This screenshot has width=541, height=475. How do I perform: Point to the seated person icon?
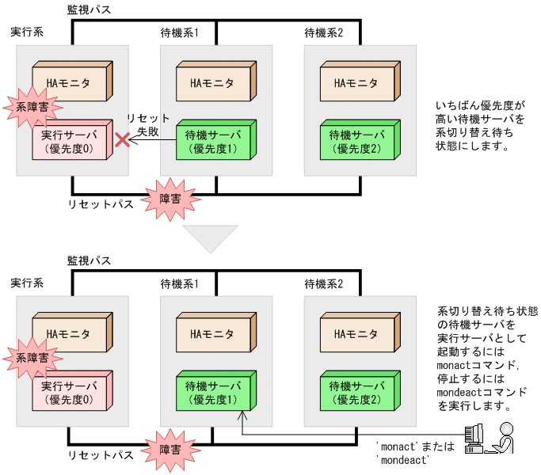[504, 439]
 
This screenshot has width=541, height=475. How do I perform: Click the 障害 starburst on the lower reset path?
[170, 449]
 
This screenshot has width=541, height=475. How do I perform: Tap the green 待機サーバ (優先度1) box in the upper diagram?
[213, 141]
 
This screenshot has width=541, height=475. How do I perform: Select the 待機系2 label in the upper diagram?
[324, 32]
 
